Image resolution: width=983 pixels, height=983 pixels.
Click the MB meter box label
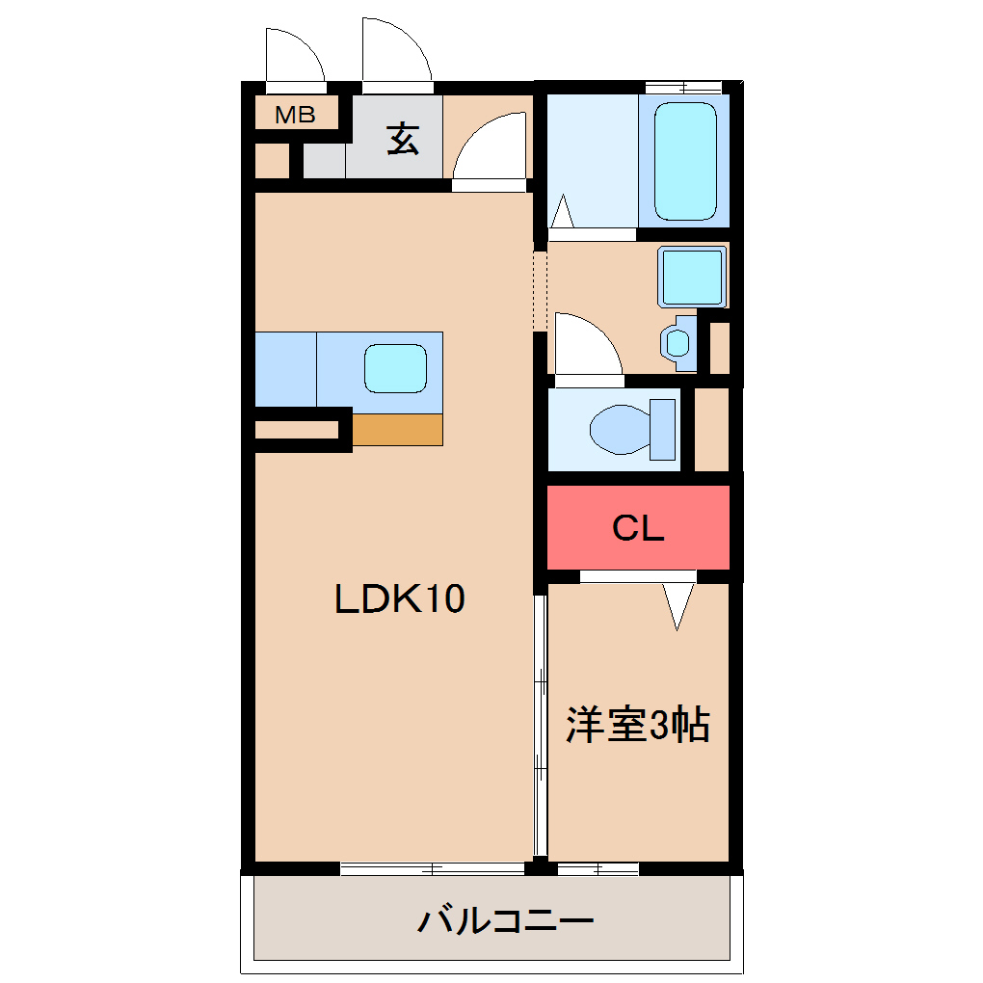click(296, 116)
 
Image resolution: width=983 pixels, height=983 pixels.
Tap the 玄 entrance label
click(404, 140)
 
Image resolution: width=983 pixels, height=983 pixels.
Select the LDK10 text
click(399, 599)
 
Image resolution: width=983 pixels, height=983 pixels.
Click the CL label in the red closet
click(639, 528)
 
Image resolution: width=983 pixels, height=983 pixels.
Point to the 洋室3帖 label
click(638, 725)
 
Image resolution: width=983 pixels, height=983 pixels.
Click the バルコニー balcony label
click(505, 922)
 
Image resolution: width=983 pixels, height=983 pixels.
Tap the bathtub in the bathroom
click(685, 162)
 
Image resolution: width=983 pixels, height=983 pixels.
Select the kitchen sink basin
click(395, 368)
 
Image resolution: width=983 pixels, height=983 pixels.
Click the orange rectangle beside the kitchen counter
click(397, 429)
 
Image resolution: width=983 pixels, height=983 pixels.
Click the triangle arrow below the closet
click(678, 606)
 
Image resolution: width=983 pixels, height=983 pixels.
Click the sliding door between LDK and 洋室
click(541, 723)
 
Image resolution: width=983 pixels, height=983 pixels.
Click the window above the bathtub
click(683, 88)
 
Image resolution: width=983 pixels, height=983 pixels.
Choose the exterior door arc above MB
click(294, 56)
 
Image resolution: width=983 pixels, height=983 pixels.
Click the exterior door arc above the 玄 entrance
click(396, 51)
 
